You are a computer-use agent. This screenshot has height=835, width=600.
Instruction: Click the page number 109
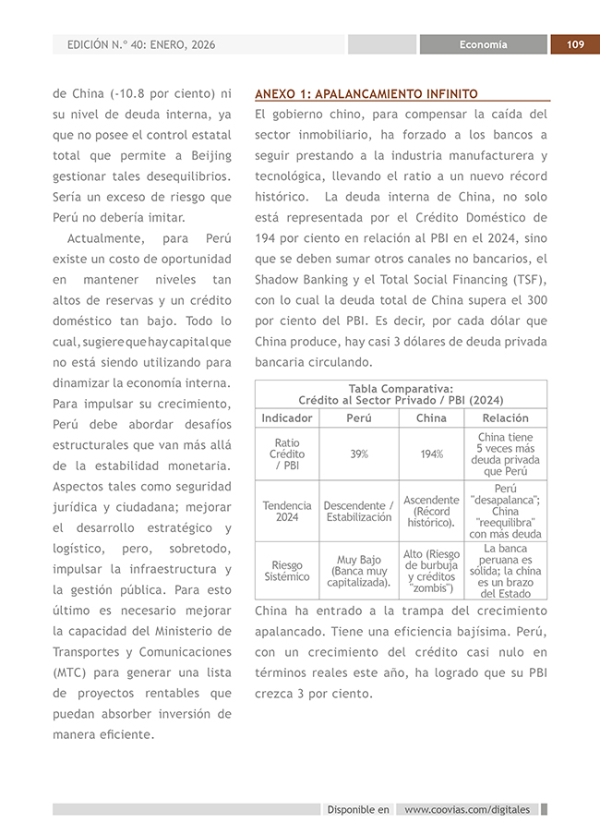click(x=575, y=44)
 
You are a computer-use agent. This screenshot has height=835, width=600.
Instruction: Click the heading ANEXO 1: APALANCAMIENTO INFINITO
click(x=366, y=93)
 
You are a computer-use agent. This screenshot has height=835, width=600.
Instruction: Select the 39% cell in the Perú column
click(x=359, y=454)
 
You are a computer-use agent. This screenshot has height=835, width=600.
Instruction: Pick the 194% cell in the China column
click(x=431, y=454)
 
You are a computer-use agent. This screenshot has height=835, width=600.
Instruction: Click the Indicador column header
click(x=287, y=417)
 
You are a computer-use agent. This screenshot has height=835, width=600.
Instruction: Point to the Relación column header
click(x=505, y=417)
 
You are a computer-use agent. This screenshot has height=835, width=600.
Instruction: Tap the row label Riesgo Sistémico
click(x=287, y=571)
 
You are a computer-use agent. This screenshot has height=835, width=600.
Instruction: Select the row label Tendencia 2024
click(x=287, y=511)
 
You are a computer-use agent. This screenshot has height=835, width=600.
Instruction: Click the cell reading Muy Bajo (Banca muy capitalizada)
click(x=359, y=571)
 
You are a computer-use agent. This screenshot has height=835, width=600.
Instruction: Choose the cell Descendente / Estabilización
click(x=359, y=511)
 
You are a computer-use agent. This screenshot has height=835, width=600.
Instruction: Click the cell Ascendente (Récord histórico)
click(x=431, y=511)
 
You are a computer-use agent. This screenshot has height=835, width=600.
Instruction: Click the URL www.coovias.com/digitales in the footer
click(x=467, y=810)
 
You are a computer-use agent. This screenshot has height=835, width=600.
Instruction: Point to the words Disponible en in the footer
click(x=358, y=810)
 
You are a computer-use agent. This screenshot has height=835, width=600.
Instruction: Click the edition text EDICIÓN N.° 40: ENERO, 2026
click(x=140, y=44)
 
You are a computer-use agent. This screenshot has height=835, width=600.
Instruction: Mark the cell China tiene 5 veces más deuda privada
click(x=505, y=454)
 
